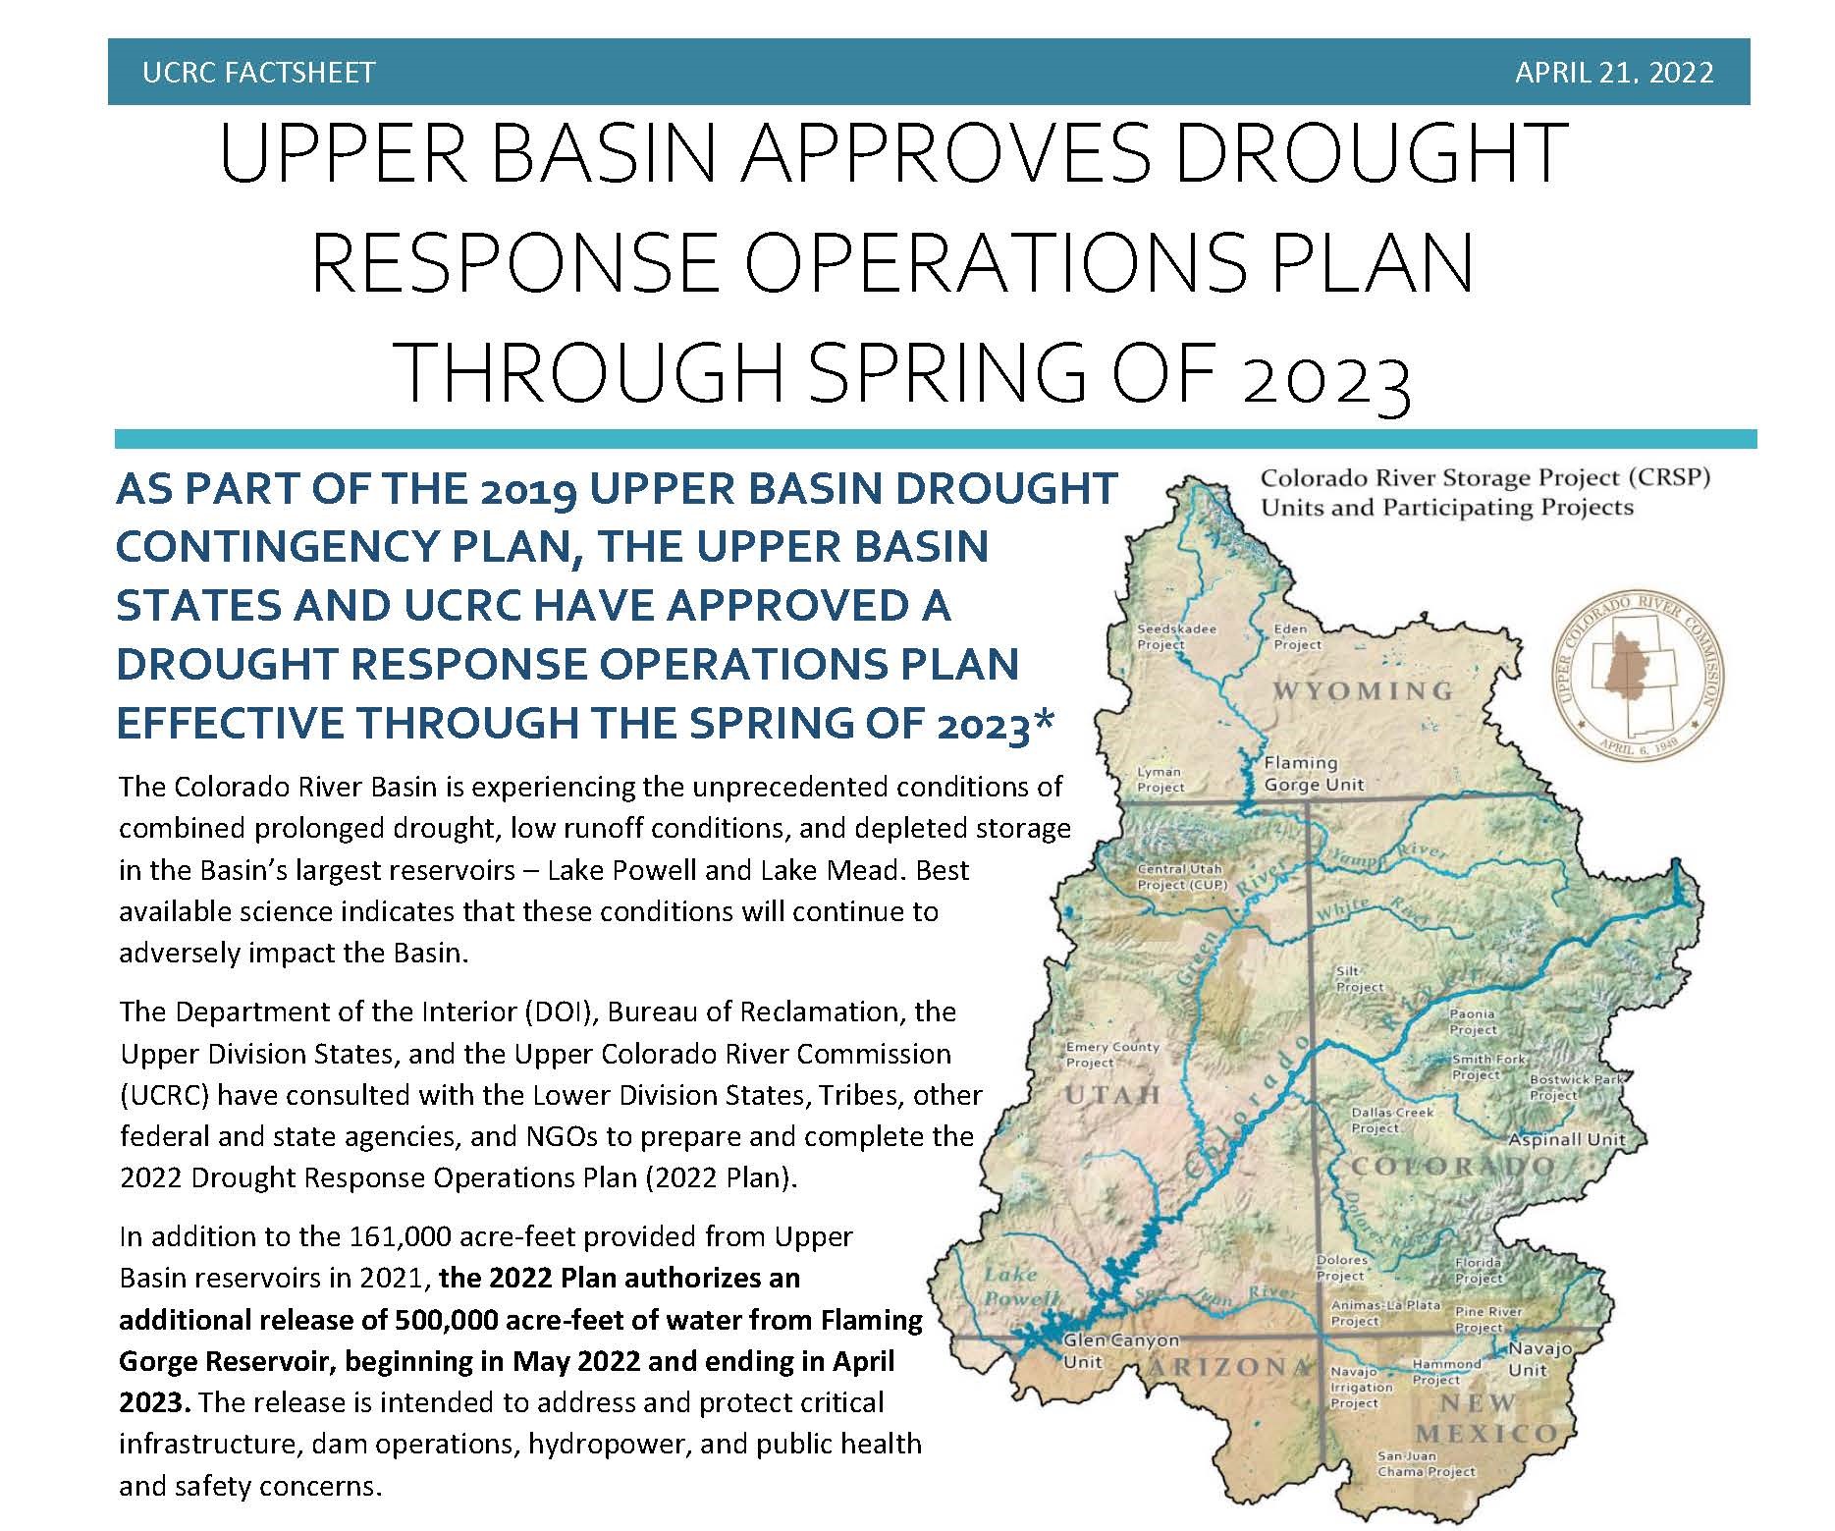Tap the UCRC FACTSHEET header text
(258, 73)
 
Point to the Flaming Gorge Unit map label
(1314, 773)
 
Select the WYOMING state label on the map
(1363, 691)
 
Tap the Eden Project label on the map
(1297, 636)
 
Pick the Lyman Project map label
(1160, 779)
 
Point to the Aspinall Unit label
(1567, 1139)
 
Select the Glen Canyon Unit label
(1121, 1350)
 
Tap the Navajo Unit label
(1539, 1359)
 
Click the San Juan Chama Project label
(1426, 1463)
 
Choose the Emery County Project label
(1112, 1054)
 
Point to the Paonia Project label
(1474, 1021)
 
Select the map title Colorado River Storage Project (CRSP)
(1485, 478)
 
